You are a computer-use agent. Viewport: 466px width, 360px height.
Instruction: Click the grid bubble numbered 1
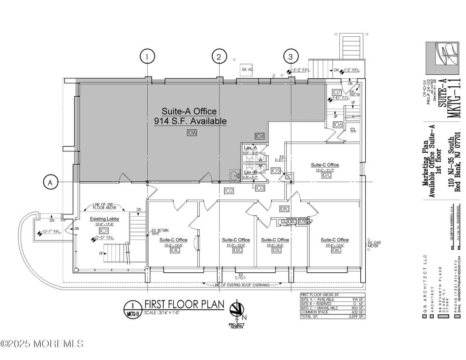click(x=147, y=57)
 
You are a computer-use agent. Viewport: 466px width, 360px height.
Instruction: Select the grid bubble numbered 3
click(x=291, y=57)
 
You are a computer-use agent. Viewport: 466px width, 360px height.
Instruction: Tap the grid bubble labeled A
click(x=51, y=182)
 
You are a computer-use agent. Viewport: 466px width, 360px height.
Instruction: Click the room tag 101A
click(x=192, y=133)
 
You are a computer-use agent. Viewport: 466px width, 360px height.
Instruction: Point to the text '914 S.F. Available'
click(x=190, y=121)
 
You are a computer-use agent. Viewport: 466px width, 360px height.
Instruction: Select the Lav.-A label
click(x=250, y=148)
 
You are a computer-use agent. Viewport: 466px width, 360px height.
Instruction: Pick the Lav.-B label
click(x=250, y=172)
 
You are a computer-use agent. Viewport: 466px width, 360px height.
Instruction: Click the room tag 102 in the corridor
click(x=229, y=191)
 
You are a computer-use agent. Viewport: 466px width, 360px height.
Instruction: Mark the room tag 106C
click(x=334, y=250)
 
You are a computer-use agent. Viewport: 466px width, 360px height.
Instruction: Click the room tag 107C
click(x=325, y=175)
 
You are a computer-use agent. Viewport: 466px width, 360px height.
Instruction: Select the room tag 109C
click(x=283, y=209)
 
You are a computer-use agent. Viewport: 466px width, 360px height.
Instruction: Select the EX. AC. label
click(x=248, y=70)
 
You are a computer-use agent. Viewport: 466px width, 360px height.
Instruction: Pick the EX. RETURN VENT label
click(x=160, y=231)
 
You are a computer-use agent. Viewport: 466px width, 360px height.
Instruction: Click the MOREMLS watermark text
click(x=42, y=344)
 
